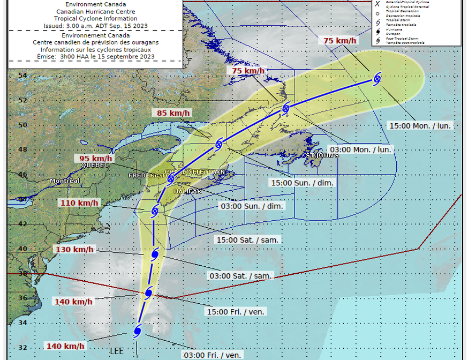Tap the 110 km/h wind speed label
79,202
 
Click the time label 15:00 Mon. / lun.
419,125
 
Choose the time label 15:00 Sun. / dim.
302,183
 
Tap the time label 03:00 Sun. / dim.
253,206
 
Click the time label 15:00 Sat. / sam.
247,239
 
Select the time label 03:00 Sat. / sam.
241,275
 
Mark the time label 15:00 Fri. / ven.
236,311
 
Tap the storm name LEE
117,351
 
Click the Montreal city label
65,181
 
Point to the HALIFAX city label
187,191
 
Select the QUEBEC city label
95,166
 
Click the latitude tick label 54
22,76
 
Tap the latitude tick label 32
22,347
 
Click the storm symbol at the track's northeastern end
376,79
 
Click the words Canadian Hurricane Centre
95,12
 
